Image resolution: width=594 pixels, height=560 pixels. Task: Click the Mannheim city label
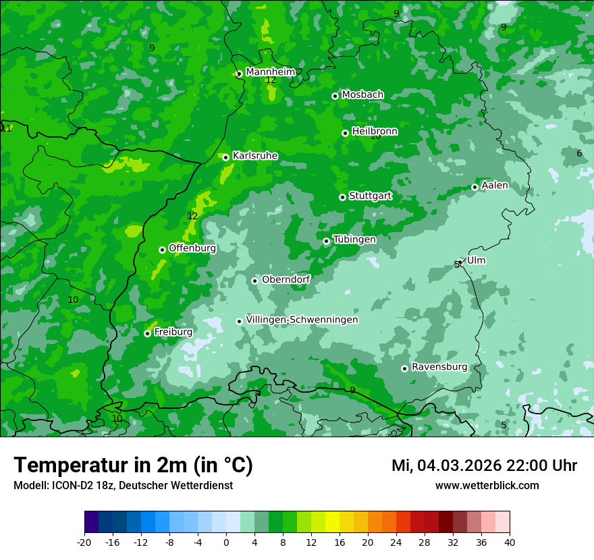271,72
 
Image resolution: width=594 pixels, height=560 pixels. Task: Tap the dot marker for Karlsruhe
226,157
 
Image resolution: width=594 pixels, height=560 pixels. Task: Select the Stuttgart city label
371,196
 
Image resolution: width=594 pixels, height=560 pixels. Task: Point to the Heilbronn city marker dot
345,133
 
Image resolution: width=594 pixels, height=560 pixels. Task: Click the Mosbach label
362,95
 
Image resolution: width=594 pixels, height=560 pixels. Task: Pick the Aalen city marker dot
475,187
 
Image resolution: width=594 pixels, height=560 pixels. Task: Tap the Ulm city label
476,260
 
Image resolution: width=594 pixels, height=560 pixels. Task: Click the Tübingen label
354,240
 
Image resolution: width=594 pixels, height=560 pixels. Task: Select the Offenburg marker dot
162,250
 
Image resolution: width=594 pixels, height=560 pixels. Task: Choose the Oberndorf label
286,279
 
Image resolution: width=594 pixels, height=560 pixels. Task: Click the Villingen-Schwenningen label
302,320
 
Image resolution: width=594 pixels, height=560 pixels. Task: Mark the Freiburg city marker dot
147,333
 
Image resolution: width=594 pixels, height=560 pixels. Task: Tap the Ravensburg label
439,367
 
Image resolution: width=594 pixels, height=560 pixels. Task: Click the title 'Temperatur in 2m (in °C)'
133,466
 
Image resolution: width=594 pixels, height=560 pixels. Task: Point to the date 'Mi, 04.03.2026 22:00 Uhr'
484,466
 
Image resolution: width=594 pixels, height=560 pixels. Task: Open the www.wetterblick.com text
487,486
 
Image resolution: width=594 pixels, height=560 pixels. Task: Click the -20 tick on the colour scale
84,542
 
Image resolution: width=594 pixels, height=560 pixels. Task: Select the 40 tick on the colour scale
510,542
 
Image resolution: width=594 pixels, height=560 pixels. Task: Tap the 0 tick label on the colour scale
226,542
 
